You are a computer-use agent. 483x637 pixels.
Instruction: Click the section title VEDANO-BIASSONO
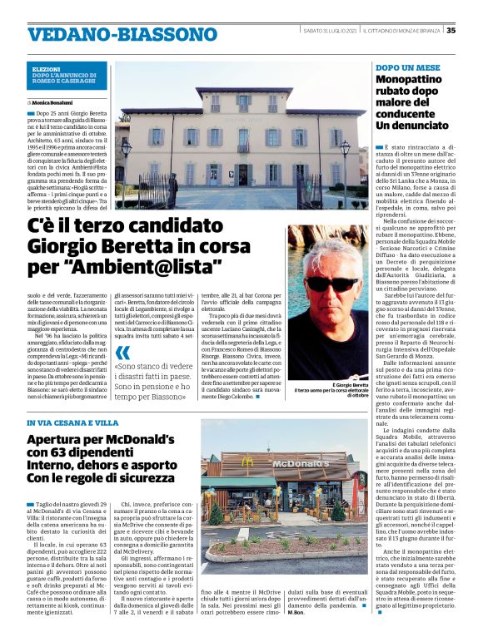coord(111,35)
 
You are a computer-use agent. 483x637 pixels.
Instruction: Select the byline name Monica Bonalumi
coord(54,101)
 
